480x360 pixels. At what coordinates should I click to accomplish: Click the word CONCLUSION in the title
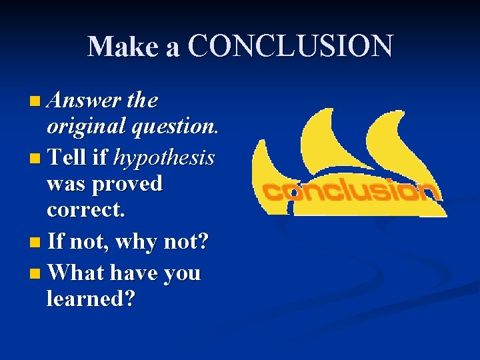(x=291, y=47)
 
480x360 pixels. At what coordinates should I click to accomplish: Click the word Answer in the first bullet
(x=85, y=101)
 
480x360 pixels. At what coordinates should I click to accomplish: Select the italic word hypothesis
(x=164, y=158)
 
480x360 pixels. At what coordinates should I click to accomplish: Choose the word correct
(x=85, y=210)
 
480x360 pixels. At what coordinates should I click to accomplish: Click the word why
(x=139, y=241)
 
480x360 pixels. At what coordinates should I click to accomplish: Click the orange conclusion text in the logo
(x=350, y=192)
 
